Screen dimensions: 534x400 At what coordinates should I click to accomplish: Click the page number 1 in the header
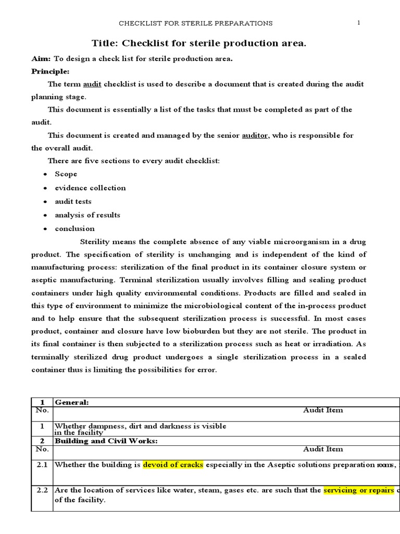point(359,22)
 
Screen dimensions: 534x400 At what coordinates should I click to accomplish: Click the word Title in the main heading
point(105,44)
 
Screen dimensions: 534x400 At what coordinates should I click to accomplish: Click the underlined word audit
point(92,84)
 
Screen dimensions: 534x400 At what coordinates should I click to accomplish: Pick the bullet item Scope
point(66,174)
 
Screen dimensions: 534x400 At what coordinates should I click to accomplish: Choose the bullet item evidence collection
point(90,188)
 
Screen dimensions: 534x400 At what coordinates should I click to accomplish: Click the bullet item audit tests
point(73,201)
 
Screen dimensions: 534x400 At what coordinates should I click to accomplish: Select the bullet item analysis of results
point(87,215)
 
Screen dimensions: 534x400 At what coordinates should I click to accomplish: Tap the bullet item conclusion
point(75,228)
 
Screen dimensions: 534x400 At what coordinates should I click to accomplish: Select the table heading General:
point(72,402)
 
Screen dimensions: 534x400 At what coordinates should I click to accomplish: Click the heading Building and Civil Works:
point(106,441)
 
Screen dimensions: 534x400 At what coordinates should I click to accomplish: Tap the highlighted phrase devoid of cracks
point(173,465)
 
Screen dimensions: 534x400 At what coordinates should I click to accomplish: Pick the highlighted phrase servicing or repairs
point(358,491)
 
